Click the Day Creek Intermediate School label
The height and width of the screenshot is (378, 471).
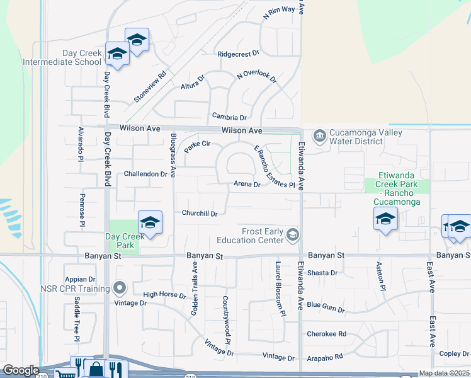[x=62, y=58]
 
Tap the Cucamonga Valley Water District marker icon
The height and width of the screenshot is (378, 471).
[x=319, y=135]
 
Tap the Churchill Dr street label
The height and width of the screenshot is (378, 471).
[x=200, y=214]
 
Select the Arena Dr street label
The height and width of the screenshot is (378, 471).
[x=247, y=185]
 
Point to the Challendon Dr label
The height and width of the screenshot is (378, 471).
[x=145, y=173]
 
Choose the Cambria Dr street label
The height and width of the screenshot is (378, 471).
[x=229, y=117]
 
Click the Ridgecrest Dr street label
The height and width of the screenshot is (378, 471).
[x=238, y=54]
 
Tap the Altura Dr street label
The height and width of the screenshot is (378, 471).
[x=193, y=83]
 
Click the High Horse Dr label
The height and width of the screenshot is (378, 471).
[x=164, y=295]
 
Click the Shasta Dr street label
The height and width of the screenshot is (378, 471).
[x=322, y=273]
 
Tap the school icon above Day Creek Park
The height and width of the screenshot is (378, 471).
[x=150, y=222]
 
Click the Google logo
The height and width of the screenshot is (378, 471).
[x=21, y=370]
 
